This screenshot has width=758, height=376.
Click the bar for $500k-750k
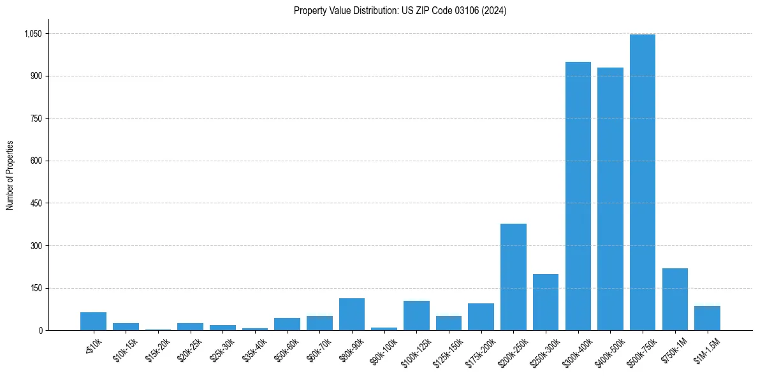(x=642, y=182)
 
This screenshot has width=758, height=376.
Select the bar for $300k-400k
(x=578, y=196)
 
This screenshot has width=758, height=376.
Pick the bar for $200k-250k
(x=513, y=277)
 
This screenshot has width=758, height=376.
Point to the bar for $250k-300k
(x=546, y=302)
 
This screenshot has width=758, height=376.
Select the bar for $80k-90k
(x=352, y=314)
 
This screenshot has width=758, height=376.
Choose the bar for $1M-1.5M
(x=707, y=318)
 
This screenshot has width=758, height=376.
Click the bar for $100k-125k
(x=416, y=315)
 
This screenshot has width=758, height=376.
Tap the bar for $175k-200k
(x=481, y=317)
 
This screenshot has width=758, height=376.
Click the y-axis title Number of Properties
(x=10, y=175)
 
